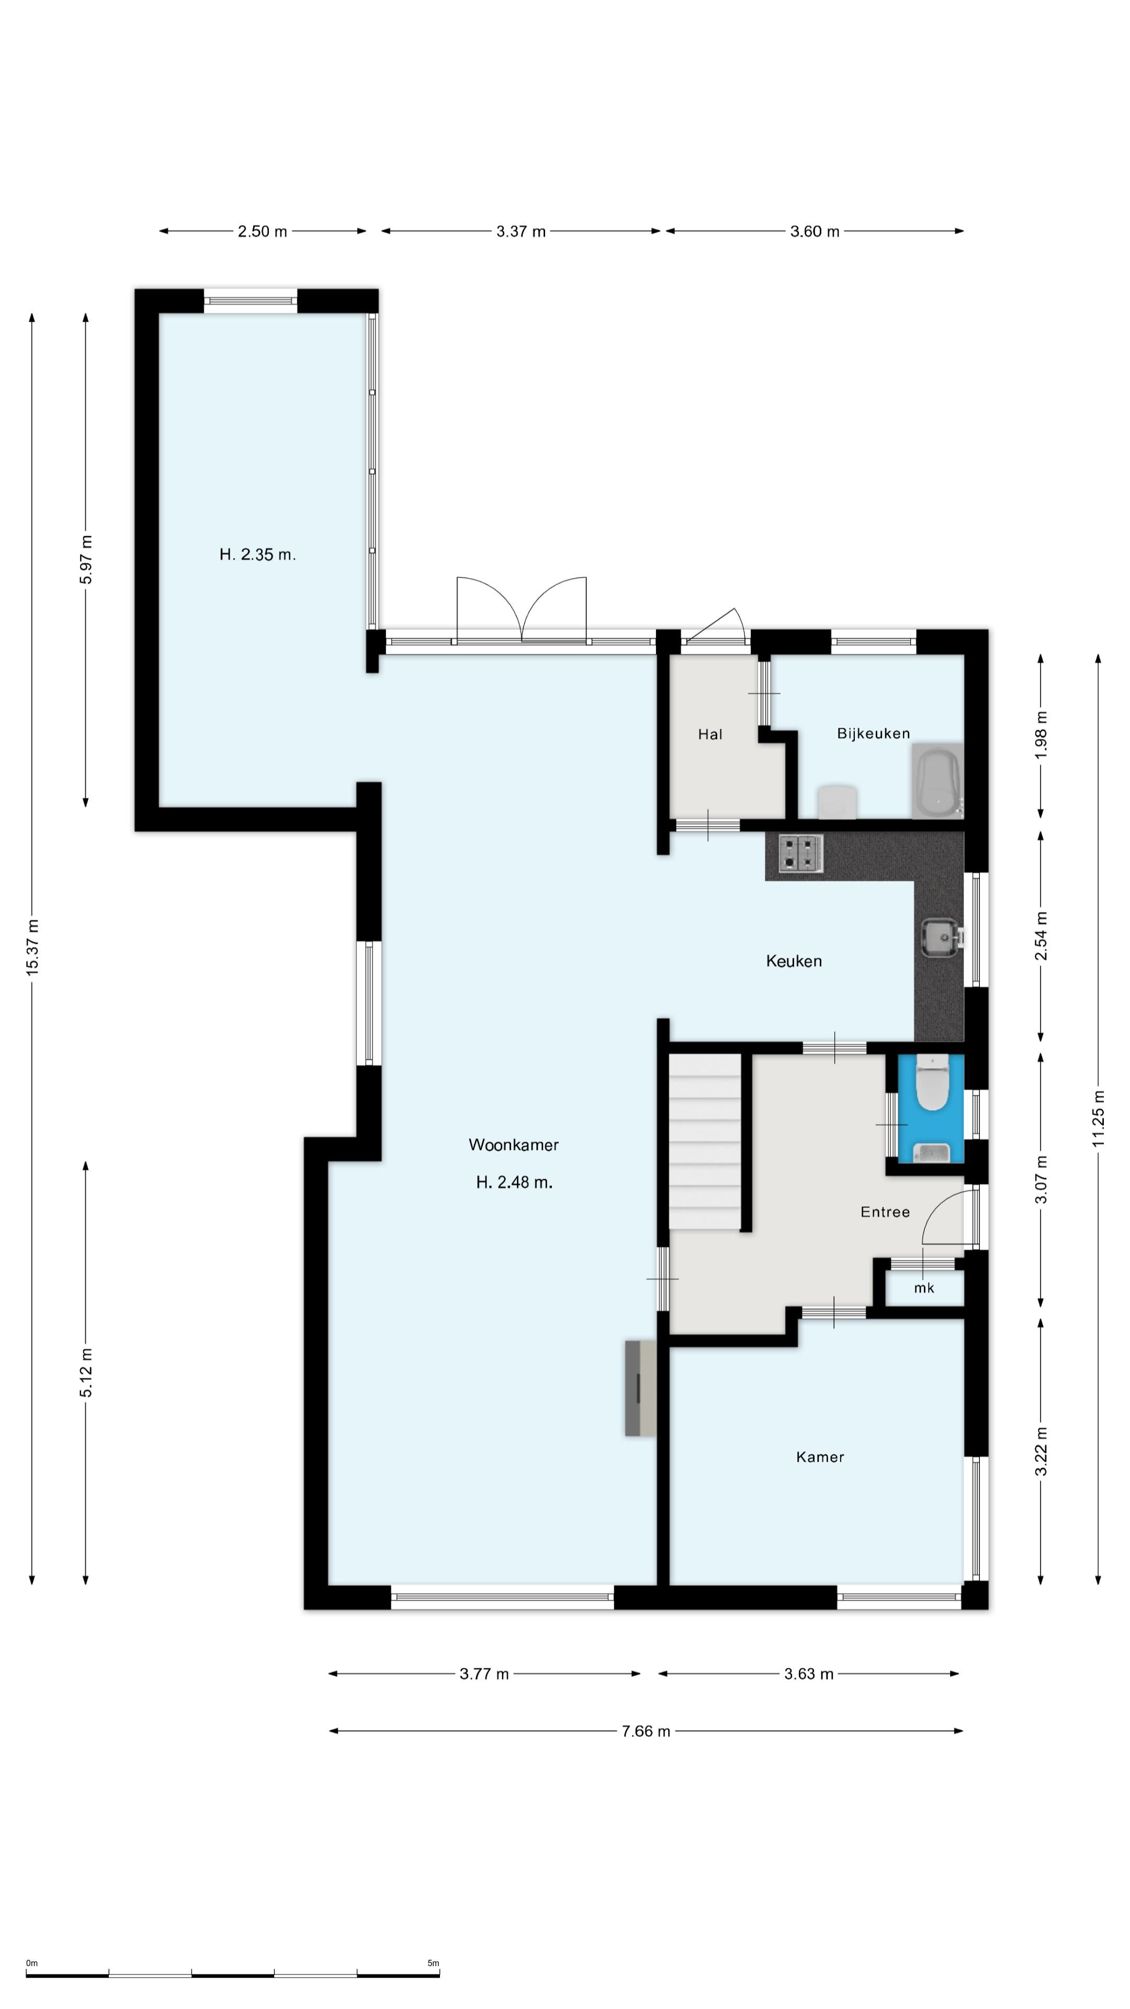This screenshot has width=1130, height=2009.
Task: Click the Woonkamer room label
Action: click(x=513, y=1145)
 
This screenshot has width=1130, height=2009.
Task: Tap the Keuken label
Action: click(x=794, y=961)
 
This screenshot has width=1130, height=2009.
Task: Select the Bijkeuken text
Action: click(x=874, y=733)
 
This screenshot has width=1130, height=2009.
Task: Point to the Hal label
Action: click(x=710, y=734)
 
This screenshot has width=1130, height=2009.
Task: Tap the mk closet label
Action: click(x=924, y=1288)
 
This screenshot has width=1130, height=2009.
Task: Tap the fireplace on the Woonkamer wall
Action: click(x=639, y=1388)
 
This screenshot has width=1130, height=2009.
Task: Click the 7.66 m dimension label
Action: click(x=646, y=1731)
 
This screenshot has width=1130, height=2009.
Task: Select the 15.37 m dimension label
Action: click(x=32, y=947)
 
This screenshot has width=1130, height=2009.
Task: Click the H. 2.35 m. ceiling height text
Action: click(x=257, y=555)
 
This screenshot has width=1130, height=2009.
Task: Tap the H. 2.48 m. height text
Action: click(x=514, y=1182)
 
